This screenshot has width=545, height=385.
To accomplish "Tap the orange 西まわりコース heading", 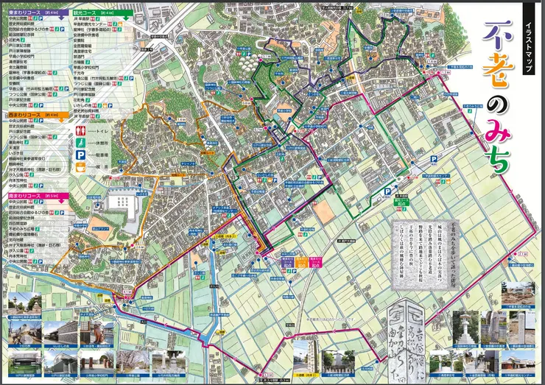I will click(22, 116).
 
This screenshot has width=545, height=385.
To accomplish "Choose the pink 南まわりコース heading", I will click(22, 195).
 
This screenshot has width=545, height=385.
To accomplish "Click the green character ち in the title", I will click(497, 162).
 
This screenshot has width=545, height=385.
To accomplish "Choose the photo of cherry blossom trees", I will click(129, 361).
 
